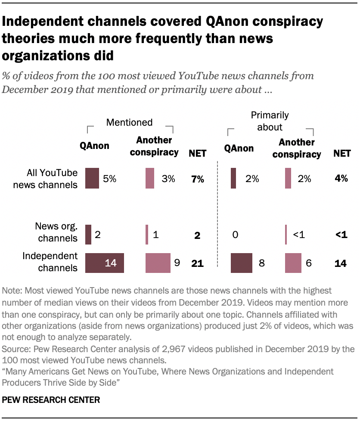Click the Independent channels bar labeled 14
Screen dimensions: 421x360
(105, 263)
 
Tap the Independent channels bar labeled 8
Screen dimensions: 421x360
(242, 263)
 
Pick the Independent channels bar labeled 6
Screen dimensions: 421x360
(293, 263)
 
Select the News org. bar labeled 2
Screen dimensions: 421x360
(88, 235)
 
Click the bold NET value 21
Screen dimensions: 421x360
(197, 263)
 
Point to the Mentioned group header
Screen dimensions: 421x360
(129, 122)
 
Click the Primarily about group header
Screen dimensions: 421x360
(270, 121)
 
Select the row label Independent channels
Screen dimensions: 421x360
(50, 262)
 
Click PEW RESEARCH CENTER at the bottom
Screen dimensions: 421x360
(51, 400)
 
